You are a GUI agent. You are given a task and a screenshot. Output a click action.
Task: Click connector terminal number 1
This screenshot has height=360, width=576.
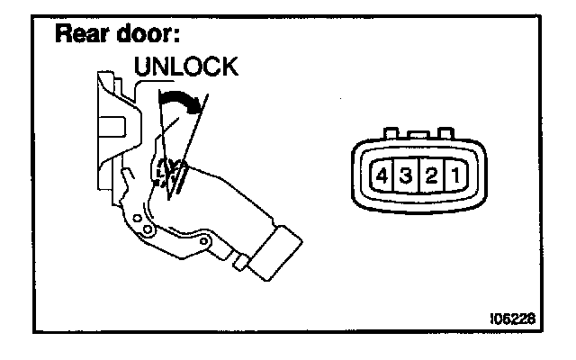pyautogui.click(x=454, y=175)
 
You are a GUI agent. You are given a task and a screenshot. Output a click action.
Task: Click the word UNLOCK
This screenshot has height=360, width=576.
pyautogui.click(x=185, y=67)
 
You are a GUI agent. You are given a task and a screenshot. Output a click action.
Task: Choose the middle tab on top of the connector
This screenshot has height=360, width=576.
pyautogui.click(x=417, y=134)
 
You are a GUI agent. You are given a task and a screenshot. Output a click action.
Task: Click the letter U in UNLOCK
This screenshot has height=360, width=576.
pyautogui.click(x=140, y=67)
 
